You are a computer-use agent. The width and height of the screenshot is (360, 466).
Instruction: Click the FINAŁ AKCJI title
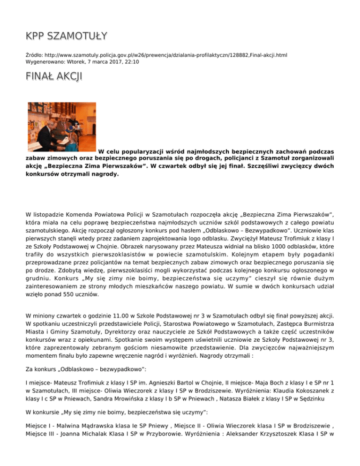tap(53, 76)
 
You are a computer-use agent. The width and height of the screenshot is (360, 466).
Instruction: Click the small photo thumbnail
tap(61, 127)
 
